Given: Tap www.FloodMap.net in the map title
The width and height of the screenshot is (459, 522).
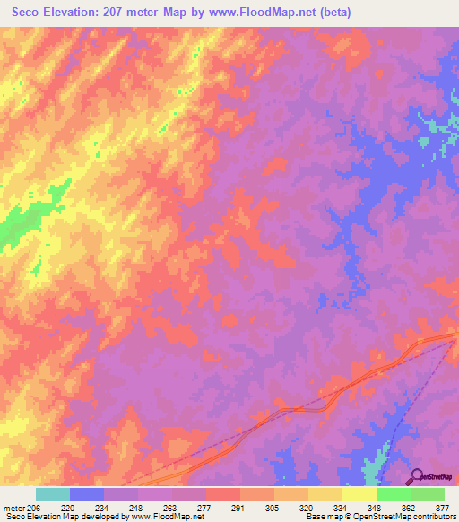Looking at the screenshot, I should click(x=276, y=12).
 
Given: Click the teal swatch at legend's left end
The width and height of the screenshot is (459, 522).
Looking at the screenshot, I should click(x=53, y=494).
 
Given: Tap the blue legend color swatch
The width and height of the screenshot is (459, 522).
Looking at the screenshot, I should click(x=87, y=494).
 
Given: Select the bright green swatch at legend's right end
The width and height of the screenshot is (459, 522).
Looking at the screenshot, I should click(x=428, y=494).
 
